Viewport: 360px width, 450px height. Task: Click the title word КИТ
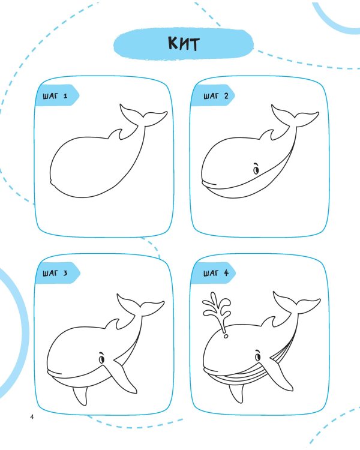184,44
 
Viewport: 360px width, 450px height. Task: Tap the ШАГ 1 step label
55,96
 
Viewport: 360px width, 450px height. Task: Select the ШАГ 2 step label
216,96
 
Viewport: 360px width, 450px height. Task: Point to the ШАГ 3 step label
55,273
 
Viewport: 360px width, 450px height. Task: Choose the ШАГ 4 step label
216,273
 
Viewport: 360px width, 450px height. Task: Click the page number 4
32,417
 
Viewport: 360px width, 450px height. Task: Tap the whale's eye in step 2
256,169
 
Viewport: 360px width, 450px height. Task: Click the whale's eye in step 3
101,358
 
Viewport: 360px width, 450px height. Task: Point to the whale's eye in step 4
258,356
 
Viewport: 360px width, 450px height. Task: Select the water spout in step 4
217,313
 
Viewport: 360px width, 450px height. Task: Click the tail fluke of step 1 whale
143,116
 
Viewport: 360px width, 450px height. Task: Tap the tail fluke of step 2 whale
295,116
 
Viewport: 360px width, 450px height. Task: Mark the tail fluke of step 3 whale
140,305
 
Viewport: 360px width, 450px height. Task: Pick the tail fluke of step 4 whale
296,303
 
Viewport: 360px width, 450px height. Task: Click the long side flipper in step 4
280,373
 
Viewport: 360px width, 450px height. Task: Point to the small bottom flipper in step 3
80,395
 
